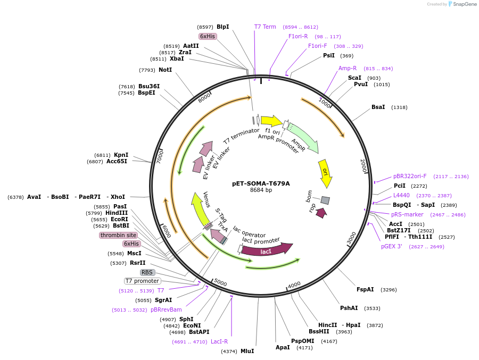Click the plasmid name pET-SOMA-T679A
261,183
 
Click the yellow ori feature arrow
325,172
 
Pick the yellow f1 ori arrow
271,121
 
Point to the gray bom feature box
325,200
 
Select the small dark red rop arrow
320,213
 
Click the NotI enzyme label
165,70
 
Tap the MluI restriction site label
247,351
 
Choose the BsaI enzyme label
378,107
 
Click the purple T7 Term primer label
265,27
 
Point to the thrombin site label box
118,235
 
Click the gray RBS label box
147,272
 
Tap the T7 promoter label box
142,281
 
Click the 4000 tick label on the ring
294,285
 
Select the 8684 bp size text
261,190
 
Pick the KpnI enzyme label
121,155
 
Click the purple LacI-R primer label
219,341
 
